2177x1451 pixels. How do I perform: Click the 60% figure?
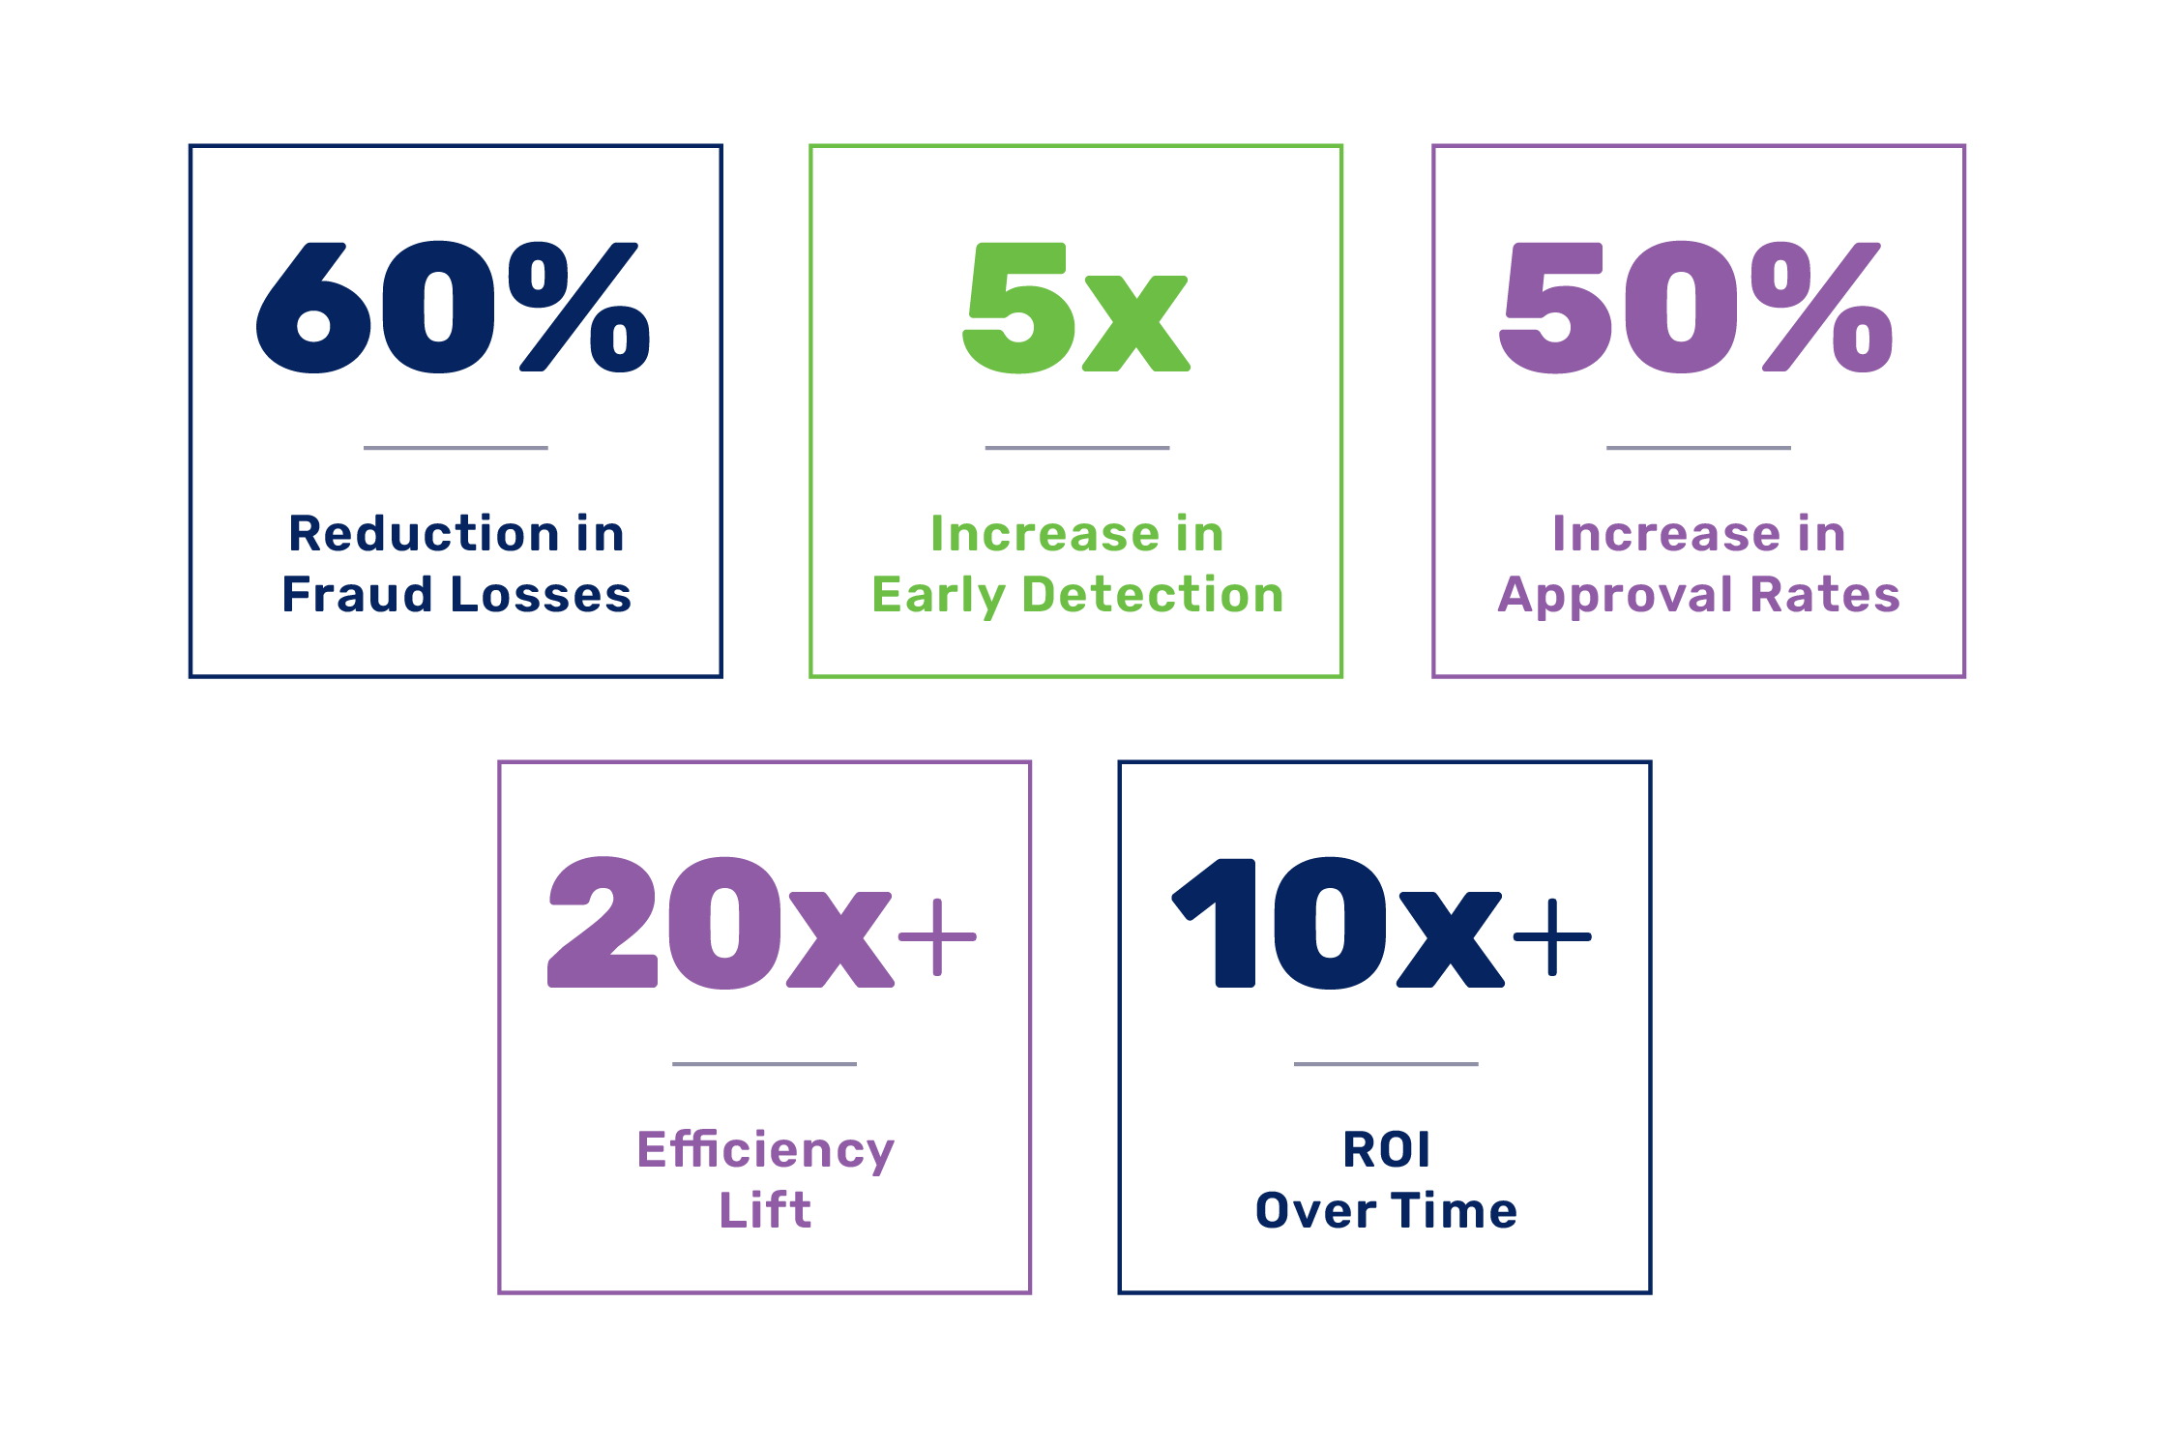[453, 307]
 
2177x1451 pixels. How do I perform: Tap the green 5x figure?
[1076, 308]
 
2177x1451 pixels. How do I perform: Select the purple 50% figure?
[1695, 307]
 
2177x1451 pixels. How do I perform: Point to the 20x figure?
[721, 922]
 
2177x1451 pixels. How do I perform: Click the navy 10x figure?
[1338, 923]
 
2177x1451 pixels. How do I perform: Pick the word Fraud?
[356, 594]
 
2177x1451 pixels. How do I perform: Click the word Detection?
[1154, 594]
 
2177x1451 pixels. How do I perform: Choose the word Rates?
[1826, 595]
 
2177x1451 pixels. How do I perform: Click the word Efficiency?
[766, 1151]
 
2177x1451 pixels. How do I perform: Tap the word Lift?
[765, 1209]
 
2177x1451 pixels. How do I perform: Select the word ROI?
[1386, 1149]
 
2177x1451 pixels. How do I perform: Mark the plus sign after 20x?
[937, 936]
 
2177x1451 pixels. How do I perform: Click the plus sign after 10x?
[1552, 936]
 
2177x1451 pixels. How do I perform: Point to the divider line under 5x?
[1077, 448]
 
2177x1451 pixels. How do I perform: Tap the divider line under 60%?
[456, 448]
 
